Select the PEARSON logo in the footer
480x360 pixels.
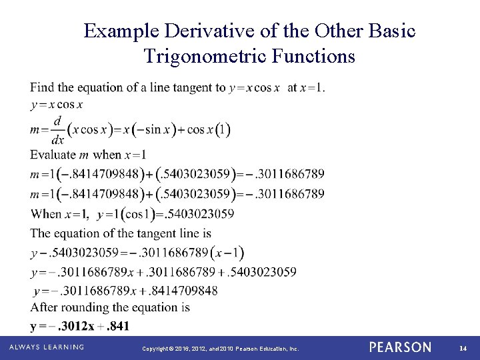point(400,347)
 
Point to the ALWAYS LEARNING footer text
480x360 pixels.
point(46,347)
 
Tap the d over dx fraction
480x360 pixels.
point(58,130)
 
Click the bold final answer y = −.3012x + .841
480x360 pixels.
point(80,326)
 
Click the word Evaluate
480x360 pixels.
point(53,155)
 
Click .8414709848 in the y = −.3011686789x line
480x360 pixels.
point(183,291)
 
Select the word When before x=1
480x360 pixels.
point(45,214)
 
